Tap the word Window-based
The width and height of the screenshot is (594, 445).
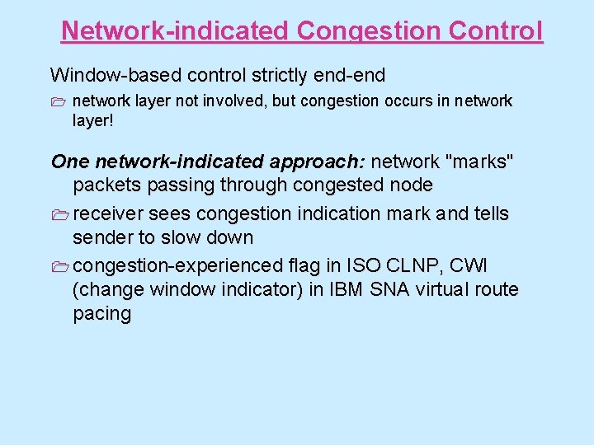[x=115, y=75]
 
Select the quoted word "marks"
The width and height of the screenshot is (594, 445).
[x=481, y=162]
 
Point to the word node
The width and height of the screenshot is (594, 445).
[x=412, y=185]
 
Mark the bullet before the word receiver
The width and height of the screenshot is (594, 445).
[x=61, y=214]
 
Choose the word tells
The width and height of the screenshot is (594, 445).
[x=490, y=213]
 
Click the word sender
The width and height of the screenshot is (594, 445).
[x=103, y=237]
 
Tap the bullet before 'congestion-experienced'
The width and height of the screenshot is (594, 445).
[x=61, y=266]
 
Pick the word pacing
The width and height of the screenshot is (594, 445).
[x=102, y=313]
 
